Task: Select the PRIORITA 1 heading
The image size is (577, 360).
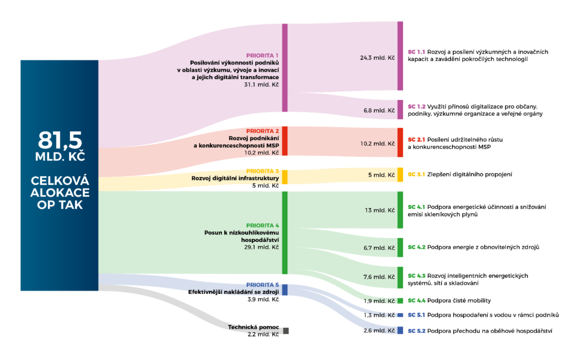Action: (263, 55)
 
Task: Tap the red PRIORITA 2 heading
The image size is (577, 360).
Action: (263, 131)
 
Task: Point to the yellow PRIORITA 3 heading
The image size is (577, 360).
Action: (263, 171)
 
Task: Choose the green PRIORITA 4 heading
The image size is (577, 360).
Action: (263, 225)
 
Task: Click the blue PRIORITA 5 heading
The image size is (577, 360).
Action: (263, 285)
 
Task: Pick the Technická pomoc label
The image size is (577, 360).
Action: (253, 327)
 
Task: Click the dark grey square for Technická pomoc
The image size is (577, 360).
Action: (286, 331)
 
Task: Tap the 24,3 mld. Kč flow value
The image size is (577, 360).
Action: (377, 58)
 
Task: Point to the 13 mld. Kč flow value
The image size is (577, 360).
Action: (380, 210)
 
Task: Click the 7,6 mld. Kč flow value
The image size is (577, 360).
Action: (379, 276)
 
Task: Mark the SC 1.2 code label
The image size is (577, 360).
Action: (416, 106)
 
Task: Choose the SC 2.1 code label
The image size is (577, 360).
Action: (416, 139)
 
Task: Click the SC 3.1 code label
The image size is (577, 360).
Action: (416, 174)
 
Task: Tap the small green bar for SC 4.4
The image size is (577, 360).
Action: (400, 301)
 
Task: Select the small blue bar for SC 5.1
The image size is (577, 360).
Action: (400, 315)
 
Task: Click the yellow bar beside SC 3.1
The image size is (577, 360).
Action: (400, 174)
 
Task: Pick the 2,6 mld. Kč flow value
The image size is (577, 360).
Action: (379, 330)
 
